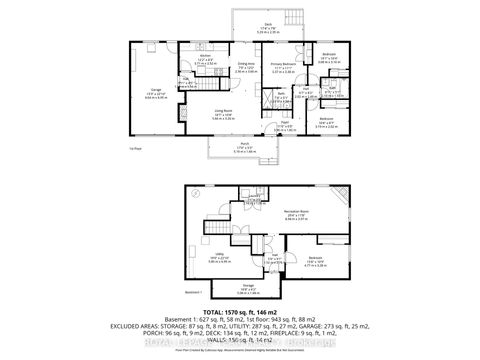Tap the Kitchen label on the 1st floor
point(206,59)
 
